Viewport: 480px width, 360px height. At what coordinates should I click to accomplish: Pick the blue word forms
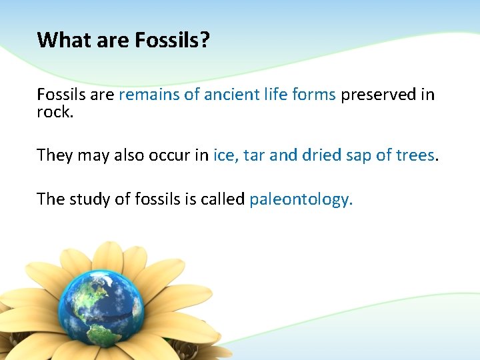coord(314,95)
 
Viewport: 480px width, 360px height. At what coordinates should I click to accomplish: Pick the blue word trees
coord(413,155)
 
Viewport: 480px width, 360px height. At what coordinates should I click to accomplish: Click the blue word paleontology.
coord(301,199)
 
